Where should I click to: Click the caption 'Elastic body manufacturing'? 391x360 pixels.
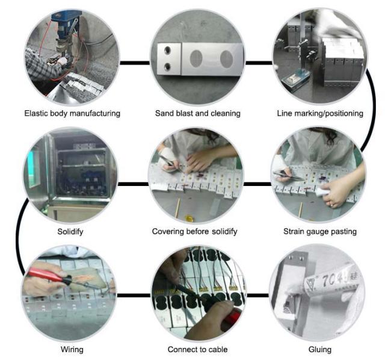[72, 114]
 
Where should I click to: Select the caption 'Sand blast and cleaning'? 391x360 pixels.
[198, 114]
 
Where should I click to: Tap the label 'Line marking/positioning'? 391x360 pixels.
[320, 114]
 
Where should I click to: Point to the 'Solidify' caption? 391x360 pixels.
[70, 232]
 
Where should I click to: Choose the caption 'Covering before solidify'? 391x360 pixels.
[194, 232]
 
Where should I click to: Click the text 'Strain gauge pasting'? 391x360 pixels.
[320, 232]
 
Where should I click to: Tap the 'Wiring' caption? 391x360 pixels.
[72, 349]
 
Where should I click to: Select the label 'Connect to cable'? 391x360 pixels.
[197, 349]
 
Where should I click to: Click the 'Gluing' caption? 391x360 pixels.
[320, 349]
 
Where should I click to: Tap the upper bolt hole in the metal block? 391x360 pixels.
[167, 50]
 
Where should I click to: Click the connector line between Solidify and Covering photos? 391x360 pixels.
[134, 184]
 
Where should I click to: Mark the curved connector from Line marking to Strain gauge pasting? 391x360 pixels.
[371, 110]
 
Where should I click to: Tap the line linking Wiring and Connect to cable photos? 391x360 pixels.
[134, 296]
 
